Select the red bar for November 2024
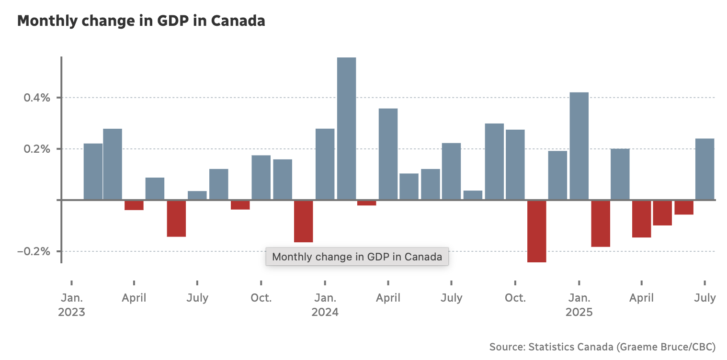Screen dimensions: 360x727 [536, 231]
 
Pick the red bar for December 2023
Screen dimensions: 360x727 [303, 221]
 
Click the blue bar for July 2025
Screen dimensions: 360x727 [704, 169]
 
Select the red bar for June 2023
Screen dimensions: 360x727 [176, 218]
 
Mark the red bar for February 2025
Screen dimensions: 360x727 [600, 224]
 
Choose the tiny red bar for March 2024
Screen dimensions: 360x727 [367, 203]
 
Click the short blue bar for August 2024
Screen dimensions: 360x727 [473, 195]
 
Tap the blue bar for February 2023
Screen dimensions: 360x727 [93, 171]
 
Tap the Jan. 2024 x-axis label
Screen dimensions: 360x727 [325, 305]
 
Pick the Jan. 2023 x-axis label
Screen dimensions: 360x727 [71, 305]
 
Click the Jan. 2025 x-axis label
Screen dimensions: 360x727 [579, 305]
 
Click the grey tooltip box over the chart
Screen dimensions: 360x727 [357, 257]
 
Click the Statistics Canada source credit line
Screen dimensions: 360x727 [602, 347]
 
